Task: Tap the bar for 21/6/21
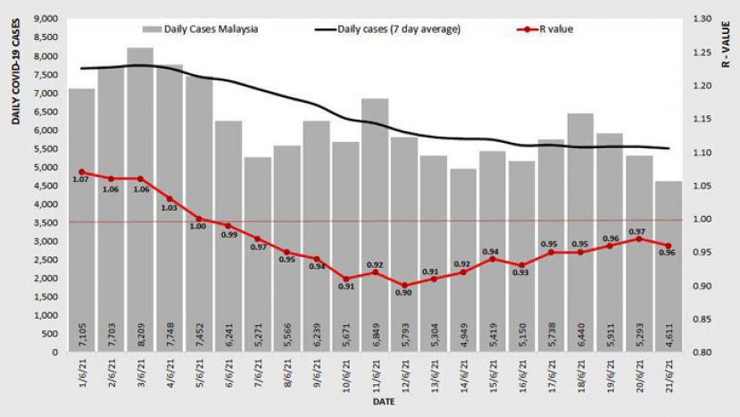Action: [x=668, y=267]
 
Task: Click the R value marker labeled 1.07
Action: [x=81, y=171]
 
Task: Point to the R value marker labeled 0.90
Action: [x=403, y=285]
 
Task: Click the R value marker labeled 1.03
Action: [x=170, y=198]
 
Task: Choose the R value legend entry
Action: [x=546, y=29]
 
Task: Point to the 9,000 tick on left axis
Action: [x=44, y=19]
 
